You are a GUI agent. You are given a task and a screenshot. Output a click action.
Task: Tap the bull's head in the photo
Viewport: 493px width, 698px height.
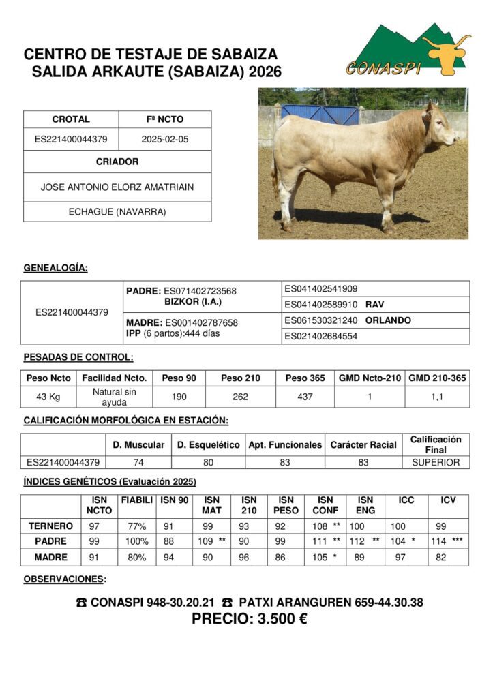coord(439,124)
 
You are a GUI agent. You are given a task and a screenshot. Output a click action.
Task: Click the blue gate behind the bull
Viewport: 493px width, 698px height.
coord(320,114)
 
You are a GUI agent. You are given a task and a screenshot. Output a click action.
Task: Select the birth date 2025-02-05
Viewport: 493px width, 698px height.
coord(164,139)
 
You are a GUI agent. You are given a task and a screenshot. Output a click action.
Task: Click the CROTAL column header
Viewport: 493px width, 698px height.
coord(71,119)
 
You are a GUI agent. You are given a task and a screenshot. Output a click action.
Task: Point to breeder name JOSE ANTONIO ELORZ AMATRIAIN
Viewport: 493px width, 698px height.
coord(117,186)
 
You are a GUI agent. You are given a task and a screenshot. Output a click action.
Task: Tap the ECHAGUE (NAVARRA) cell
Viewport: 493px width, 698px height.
coord(117,211)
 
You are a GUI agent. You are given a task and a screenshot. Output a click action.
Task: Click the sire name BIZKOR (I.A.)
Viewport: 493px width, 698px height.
coord(193,301)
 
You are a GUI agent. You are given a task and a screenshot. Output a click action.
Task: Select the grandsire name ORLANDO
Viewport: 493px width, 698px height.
coord(388,320)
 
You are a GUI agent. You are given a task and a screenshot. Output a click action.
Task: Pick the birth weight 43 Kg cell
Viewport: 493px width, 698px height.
coord(48,397)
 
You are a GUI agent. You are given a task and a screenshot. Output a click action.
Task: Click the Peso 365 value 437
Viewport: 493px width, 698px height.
coord(305,397)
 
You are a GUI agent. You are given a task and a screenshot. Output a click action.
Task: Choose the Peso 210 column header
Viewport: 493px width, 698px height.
coord(240,378)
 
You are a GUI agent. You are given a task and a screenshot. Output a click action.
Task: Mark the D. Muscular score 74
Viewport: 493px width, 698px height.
coord(138,462)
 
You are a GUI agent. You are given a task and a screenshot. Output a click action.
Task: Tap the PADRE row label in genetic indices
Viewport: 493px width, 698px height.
coord(51,541)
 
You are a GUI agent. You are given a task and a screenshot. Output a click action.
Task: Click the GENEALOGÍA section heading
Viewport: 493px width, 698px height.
coord(55,268)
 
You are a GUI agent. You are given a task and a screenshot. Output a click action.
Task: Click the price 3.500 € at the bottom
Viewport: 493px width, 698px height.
coord(249,620)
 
